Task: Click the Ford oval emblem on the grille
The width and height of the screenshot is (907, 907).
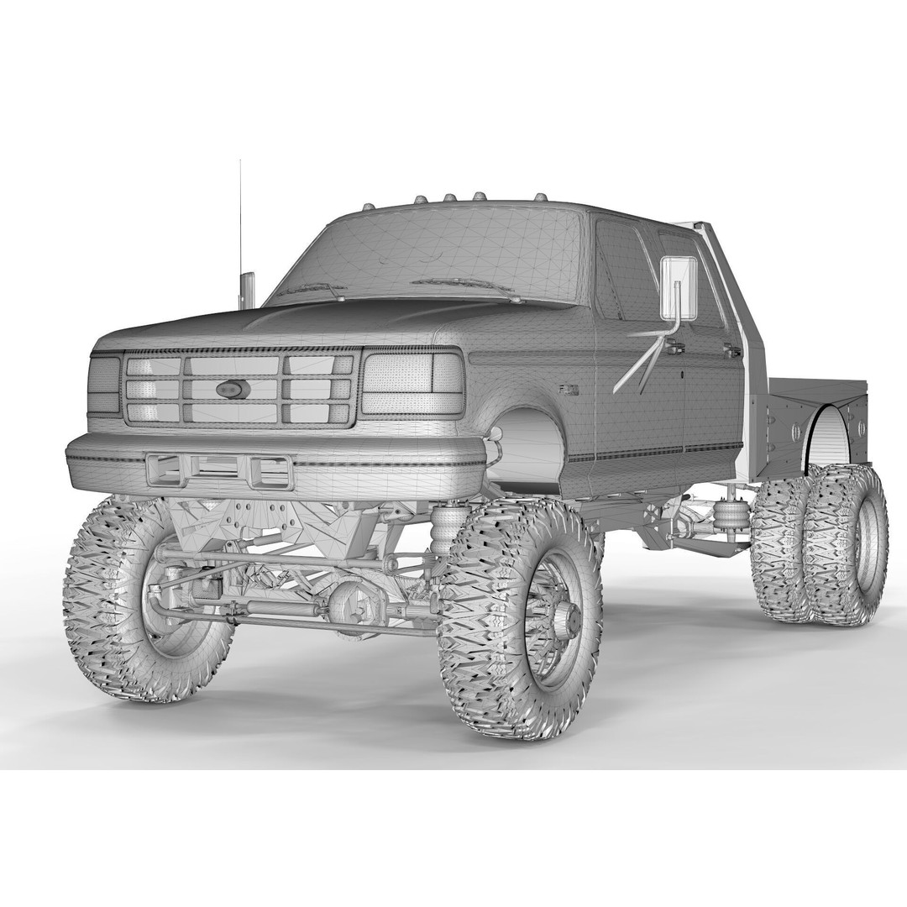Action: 233,389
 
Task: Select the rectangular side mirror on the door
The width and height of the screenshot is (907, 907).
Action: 679,288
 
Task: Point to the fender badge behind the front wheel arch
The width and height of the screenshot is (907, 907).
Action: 569,388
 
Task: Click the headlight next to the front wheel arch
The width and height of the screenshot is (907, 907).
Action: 412,383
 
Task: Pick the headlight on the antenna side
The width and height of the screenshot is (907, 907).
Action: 105,385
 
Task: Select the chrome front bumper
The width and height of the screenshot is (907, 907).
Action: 277,462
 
